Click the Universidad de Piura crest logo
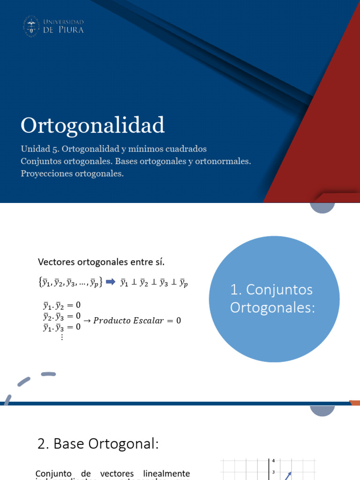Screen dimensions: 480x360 tap(31, 26)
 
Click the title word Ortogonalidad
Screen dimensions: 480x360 tap(93, 125)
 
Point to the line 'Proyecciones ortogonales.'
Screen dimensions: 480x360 tap(72, 173)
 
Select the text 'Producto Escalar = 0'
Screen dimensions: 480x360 tap(136, 321)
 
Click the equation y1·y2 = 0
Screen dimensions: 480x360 tap(61, 306)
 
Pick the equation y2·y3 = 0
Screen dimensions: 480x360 tap(61, 316)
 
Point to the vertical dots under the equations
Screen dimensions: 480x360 tap(61, 336)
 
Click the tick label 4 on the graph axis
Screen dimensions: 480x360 tap(273, 461)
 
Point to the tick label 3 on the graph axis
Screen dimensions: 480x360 tap(273, 472)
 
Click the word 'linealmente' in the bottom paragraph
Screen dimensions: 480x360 tap(167, 473)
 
